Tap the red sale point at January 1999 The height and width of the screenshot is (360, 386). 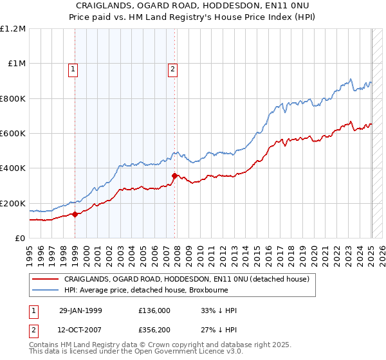pos(75,214)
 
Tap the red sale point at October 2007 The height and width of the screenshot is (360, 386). pos(174,175)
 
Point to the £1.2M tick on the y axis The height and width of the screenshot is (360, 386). pos(13,29)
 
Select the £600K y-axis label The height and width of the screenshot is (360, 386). pos(12,134)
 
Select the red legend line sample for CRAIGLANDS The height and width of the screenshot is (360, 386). pos(46,279)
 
